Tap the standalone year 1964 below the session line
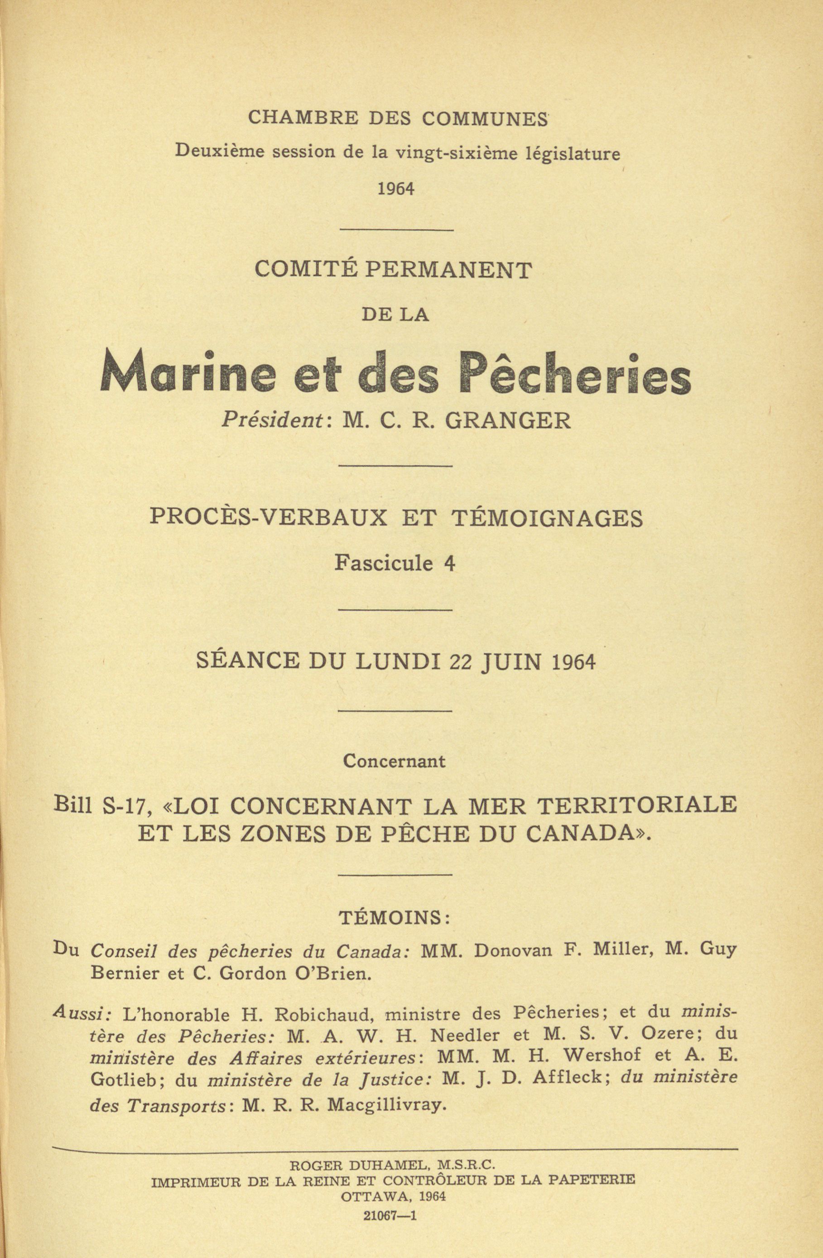tap(395, 189)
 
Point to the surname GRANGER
tap(507, 421)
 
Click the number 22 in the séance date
tap(460, 662)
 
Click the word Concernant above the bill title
tap(395, 761)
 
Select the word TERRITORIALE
tap(637, 805)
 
